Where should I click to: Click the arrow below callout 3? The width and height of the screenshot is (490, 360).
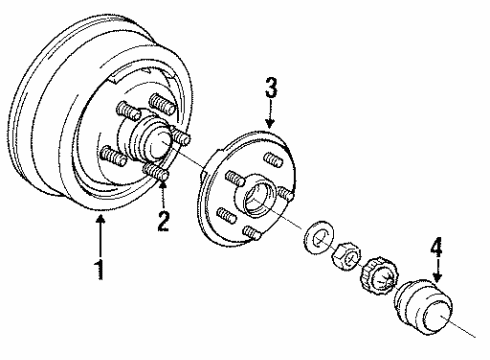(x=270, y=112)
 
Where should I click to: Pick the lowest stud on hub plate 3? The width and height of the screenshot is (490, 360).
(x=250, y=232)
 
